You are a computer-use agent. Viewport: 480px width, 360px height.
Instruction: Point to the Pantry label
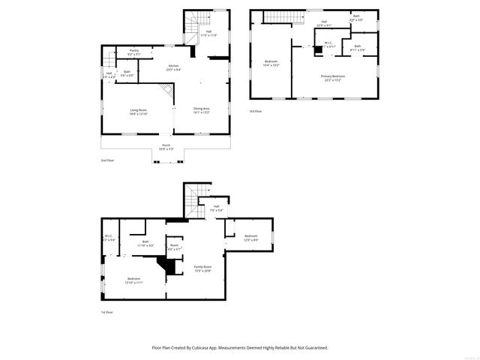(133, 52)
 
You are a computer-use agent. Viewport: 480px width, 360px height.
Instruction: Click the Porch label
(166, 147)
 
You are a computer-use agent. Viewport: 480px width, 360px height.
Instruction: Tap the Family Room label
(202, 268)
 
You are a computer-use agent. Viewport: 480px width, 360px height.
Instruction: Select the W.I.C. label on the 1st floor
(109, 238)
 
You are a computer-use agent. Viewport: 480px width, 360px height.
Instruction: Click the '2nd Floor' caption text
(109, 160)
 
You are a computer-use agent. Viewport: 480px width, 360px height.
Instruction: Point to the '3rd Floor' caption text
(256, 111)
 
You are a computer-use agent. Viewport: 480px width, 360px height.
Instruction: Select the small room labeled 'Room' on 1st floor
(174, 247)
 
